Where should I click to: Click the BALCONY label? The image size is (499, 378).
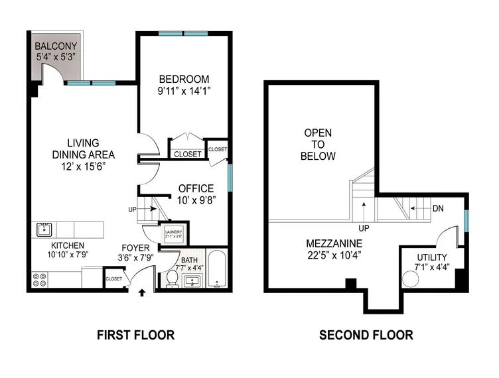click(x=56, y=46)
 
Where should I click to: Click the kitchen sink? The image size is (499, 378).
click(x=44, y=230)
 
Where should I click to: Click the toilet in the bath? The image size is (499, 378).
click(x=171, y=279)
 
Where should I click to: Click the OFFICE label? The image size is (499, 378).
click(x=196, y=188)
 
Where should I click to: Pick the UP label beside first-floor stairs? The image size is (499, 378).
click(x=133, y=209)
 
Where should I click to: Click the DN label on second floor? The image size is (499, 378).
click(x=437, y=208)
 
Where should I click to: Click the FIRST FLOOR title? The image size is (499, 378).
click(x=135, y=335)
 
